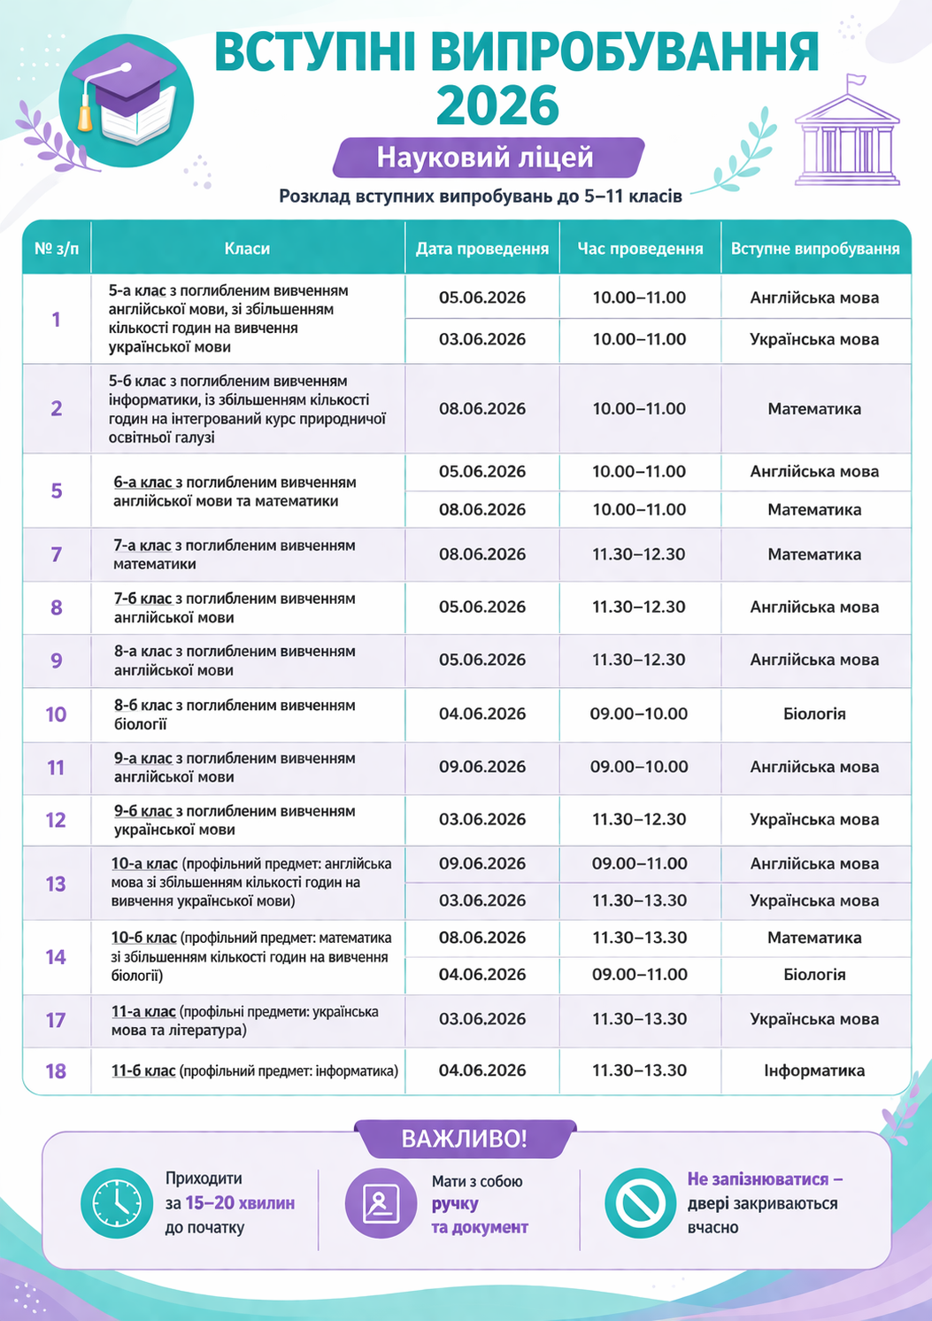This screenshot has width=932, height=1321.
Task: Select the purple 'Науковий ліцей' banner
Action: [488, 158]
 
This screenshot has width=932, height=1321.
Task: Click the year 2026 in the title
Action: [497, 106]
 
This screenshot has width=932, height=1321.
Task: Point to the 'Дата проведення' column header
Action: [482, 249]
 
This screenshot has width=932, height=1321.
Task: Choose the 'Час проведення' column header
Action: [640, 249]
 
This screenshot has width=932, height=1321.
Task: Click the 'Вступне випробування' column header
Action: [815, 249]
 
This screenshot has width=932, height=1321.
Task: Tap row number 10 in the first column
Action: [56, 715]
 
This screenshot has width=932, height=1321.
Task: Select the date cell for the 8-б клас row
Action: [482, 714]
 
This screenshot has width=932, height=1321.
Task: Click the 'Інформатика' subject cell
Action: [814, 1070]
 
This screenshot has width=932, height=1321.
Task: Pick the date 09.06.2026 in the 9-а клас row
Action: [482, 767]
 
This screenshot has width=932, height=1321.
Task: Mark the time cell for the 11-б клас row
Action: [639, 1070]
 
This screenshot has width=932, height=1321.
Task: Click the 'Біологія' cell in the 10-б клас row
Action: [814, 975]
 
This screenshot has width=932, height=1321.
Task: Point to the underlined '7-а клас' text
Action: [142, 545]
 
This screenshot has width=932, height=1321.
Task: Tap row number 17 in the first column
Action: [56, 1020]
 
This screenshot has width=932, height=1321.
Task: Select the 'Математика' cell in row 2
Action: [814, 409]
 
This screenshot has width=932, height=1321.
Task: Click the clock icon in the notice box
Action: [116, 1202]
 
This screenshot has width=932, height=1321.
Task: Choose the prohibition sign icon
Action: [640, 1202]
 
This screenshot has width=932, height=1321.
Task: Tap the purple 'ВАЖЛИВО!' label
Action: [465, 1139]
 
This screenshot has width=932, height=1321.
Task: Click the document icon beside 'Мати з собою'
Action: [381, 1202]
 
